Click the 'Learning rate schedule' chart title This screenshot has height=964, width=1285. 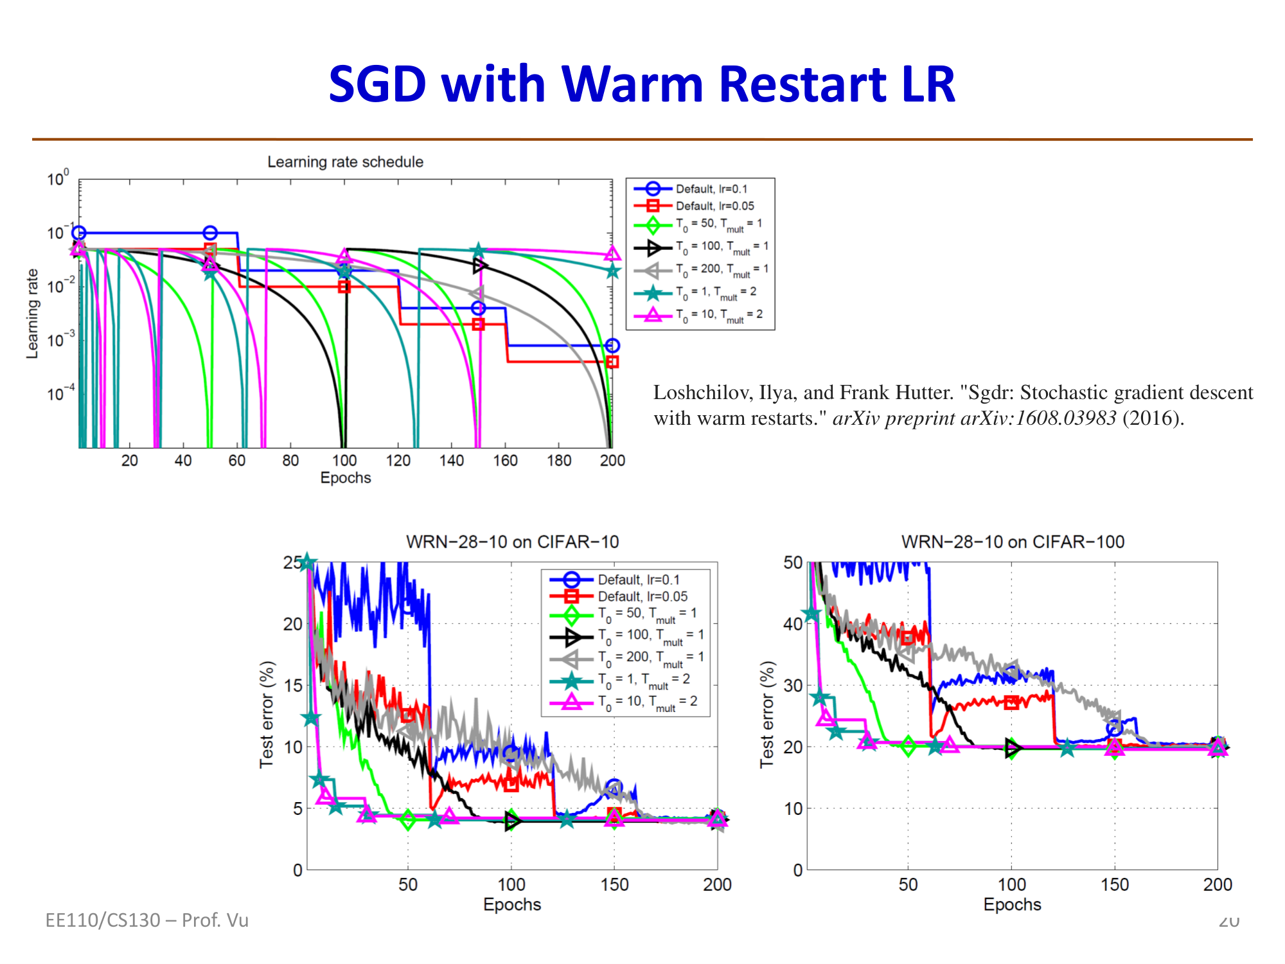(345, 162)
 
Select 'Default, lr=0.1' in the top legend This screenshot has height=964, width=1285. (711, 189)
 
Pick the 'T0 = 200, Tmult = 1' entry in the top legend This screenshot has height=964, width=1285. (722, 269)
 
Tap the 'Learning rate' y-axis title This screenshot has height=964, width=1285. (32, 314)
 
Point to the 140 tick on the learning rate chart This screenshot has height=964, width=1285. (452, 460)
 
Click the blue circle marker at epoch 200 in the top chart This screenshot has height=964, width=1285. (612, 346)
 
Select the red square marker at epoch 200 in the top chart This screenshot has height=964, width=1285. (612, 362)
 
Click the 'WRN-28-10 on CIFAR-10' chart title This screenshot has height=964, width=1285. (512, 542)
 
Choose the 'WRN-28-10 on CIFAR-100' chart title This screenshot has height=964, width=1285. (1013, 542)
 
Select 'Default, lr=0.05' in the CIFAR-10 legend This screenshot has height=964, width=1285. (642, 596)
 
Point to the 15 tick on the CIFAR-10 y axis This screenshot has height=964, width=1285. (293, 685)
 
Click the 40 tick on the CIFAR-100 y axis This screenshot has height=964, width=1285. (793, 624)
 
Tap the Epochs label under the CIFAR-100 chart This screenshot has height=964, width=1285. (1012, 904)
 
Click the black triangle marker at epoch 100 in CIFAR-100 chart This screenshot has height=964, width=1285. (1012, 748)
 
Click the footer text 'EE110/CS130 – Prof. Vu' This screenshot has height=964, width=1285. (146, 920)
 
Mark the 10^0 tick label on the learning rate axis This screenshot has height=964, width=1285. (57, 179)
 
